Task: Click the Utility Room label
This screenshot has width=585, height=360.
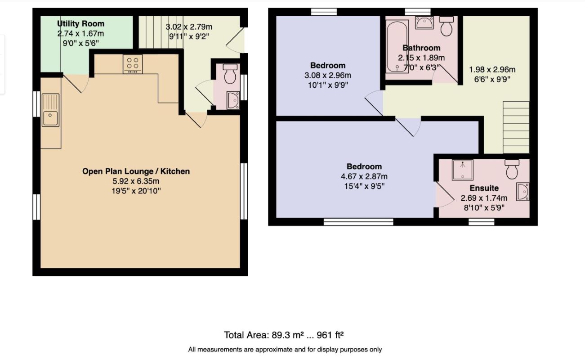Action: pos(81,24)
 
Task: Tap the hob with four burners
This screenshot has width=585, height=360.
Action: pos(133,64)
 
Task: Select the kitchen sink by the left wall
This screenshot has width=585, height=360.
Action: pos(50,111)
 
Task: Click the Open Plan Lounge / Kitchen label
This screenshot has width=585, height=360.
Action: pos(136,171)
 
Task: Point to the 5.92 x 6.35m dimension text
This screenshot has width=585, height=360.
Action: pos(136,181)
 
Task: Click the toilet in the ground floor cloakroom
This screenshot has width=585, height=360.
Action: pos(230,74)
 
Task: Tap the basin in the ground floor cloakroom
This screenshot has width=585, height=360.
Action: pos(233,100)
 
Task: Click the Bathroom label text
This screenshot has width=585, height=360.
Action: pos(421,48)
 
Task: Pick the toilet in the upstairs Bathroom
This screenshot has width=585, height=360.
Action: pos(447,26)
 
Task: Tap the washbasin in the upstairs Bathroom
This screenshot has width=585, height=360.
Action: pos(424,22)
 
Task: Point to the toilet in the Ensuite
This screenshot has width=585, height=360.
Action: pos(512,169)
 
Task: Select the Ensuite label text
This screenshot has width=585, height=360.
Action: pos(484,188)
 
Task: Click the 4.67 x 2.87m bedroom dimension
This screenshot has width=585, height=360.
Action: pos(364,176)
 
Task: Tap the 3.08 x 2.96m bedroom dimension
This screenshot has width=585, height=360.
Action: pos(328,76)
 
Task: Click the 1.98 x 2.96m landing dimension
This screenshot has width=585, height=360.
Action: pos(492,70)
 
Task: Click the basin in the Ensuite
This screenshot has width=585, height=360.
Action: pos(523,192)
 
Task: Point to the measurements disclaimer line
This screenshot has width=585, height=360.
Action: pos(285,349)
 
